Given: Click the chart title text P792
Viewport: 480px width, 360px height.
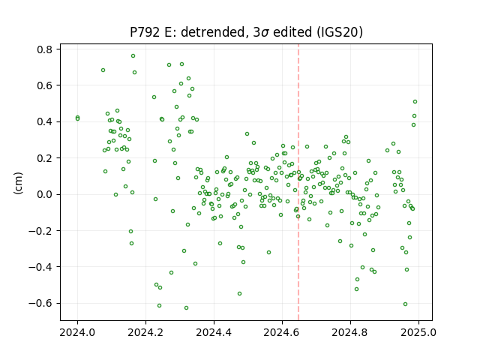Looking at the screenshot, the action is (145, 32).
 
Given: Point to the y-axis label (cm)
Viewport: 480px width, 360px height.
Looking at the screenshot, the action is (18, 183).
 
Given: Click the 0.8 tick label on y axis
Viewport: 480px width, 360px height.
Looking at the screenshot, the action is (45, 49).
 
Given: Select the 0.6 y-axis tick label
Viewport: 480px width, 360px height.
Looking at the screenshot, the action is (45, 85).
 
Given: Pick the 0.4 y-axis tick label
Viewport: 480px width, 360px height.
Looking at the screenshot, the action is (45, 121).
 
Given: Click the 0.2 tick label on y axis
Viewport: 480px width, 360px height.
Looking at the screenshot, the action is (45, 158).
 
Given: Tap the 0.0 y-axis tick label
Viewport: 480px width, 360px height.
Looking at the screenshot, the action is (45, 194).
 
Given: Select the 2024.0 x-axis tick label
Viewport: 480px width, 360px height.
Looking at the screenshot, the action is (77, 332).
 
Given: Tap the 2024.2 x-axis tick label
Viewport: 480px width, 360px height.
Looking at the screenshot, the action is (145, 332).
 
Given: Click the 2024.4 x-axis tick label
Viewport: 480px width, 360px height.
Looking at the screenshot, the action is (214, 332).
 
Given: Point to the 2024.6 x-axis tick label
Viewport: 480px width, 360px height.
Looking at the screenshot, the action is (282, 332).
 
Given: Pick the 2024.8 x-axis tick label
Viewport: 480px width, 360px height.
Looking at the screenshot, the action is (350, 332).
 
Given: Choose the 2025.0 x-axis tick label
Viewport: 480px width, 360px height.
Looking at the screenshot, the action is (418, 332).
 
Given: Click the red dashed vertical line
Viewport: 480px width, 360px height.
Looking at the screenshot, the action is (298, 182).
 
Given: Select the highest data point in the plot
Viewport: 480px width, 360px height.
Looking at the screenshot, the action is (133, 56).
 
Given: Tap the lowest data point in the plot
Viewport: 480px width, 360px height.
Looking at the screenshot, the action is (187, 308).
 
